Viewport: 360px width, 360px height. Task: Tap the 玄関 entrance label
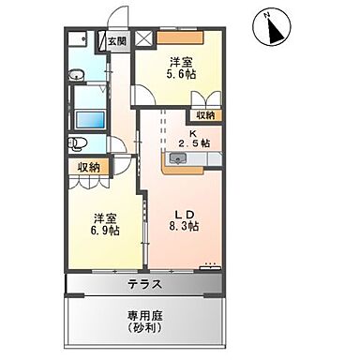(x=116, y=40)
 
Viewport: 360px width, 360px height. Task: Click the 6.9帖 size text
(x=105, y=231)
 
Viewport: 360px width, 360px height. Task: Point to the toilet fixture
(x=80, y=144)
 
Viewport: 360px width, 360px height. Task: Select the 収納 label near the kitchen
(x=204, y=115)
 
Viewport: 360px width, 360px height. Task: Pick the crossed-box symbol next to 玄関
(x=142, y=38)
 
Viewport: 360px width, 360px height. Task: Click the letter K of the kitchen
(x=193, y=132)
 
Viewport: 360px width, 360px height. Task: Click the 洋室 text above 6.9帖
(x=105, y=217)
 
